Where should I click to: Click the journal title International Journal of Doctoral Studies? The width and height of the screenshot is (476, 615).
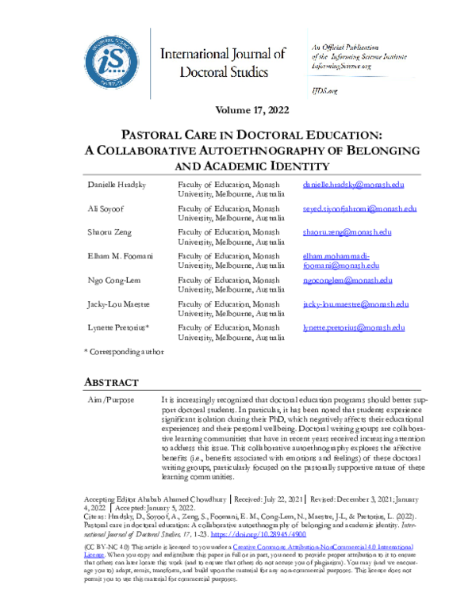pyautogui.click(x=223, y=63)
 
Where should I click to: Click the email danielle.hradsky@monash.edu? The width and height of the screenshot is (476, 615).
pyautogui.click(x=354, y=185)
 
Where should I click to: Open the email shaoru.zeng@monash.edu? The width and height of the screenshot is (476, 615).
pyautogui.click(x=347, y=232)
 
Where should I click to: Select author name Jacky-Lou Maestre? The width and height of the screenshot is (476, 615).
pyautogui.click(x=119, y=304)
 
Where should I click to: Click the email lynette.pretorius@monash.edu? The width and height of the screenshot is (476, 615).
pyautogui.click(x=354, y=327)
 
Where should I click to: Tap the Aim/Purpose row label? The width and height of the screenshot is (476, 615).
pyautogui.click(x=109, y=402)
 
